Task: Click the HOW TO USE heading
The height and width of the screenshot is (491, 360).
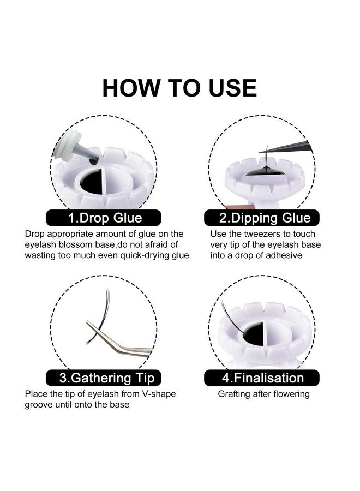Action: pyautogui.click(x=179, y=88)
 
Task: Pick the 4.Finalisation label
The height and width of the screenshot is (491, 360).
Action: pyautogui.click(x=262, y=378)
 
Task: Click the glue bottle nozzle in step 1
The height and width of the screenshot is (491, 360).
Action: pyautogui.click(x=85, y=155)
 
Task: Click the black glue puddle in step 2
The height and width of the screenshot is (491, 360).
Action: pyautogui.click(x=265, y=172)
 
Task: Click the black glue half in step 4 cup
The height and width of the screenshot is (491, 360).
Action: pyautogui.click(x=254, y=333)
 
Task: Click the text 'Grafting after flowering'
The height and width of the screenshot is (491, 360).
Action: pyautogui.click(x=263, y=394)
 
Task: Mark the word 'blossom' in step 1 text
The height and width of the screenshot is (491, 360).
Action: pyautogui.click(x=76, y=244)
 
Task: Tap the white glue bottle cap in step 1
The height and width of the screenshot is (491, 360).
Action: pyautogui.click(x=67, y=147)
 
